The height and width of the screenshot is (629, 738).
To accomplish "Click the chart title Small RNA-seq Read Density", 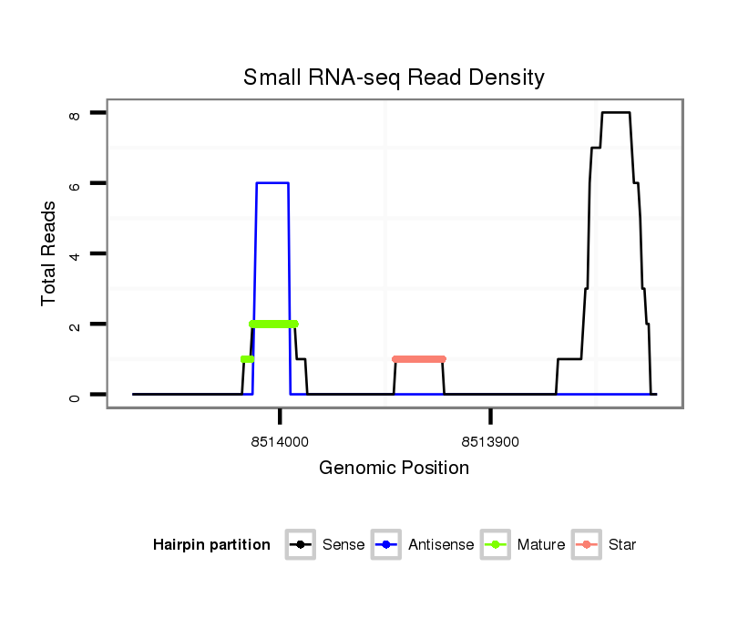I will (x=394, y=77).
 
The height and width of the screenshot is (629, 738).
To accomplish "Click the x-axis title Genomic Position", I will (x=394, y=469).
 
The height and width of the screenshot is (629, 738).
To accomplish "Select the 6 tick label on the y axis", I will (x=75, y=183).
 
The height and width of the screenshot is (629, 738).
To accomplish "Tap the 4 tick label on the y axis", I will (x=75, y=253).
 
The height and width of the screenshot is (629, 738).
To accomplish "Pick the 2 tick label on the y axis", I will (x=75, y=325).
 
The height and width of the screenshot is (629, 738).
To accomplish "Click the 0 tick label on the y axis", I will (x=75, y=395).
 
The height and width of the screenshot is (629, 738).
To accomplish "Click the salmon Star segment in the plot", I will (x=419, y=359).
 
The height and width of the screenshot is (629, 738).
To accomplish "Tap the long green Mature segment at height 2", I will (x=273, y=324).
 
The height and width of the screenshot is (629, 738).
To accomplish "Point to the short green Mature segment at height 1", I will (x=247, y=359).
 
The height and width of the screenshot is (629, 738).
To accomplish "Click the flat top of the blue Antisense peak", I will (x=272, y=183).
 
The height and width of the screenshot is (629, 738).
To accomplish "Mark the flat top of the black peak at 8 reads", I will (x=616, y=112).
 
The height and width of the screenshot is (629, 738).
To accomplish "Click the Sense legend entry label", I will (x=343, y=545).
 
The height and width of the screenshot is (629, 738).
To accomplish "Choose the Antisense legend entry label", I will (x=441, y=545).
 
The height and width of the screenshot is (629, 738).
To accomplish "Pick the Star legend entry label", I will (x=621, y=545).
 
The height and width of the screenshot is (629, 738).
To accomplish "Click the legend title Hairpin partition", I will (x=211, y=545).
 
